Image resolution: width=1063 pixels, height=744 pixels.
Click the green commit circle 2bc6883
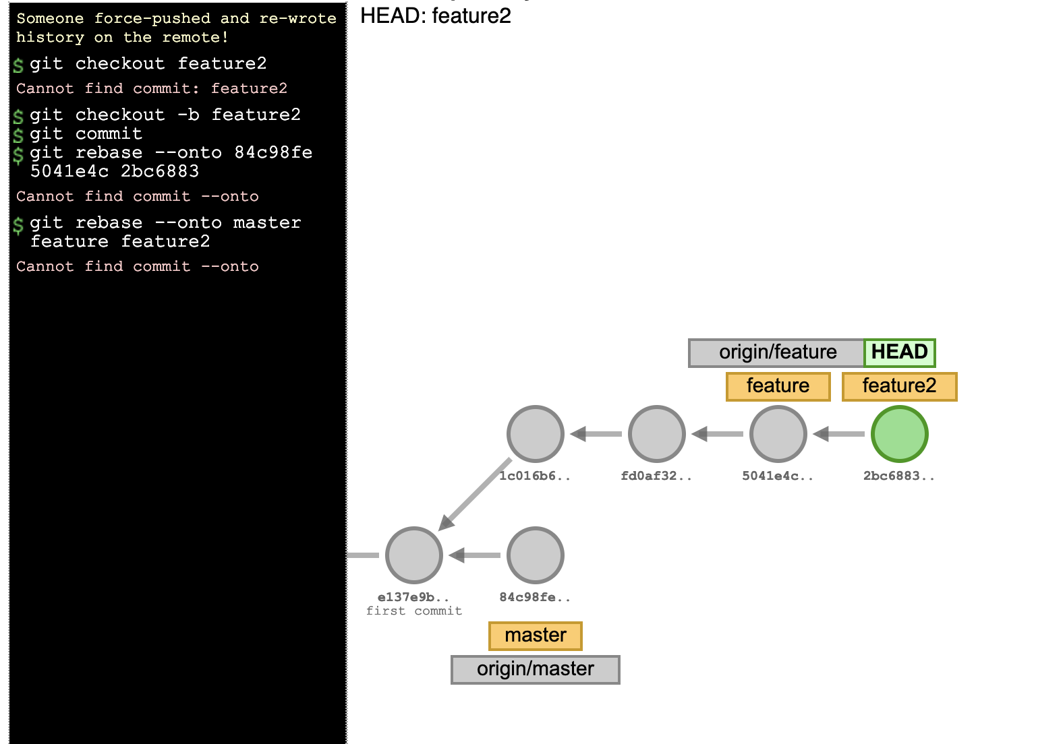899,434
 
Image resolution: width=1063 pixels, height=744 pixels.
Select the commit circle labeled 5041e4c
778,434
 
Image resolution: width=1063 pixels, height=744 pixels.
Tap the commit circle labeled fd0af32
656,434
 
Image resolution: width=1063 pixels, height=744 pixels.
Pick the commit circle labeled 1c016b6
535,434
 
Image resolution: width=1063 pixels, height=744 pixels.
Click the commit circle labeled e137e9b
413,555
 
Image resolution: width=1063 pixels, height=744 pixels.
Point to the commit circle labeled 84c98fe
535,555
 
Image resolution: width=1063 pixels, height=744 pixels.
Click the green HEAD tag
899,352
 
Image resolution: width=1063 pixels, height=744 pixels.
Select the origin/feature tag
777,352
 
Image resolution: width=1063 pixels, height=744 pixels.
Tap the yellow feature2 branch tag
899,386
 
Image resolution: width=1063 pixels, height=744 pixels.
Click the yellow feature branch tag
778,386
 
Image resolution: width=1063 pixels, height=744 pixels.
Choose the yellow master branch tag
535,635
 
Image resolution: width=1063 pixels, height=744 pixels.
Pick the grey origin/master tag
535,669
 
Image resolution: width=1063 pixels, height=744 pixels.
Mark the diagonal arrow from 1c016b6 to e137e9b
476,494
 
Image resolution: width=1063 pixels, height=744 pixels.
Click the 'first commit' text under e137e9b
413,611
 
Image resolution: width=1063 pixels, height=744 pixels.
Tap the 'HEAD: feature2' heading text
436,15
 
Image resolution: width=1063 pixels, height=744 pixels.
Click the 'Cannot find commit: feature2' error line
152,88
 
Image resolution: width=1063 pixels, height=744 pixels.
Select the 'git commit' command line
86,133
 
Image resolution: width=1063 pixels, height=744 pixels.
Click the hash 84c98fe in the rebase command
273,152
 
